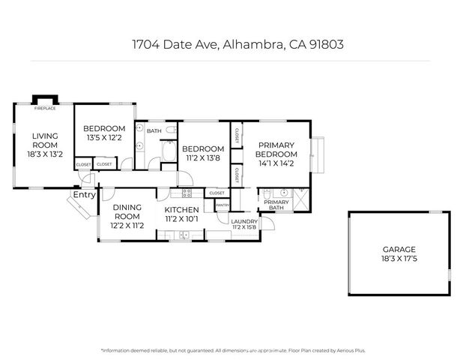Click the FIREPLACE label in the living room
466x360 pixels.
(44, 109)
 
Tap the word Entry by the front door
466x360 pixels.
(85, 195)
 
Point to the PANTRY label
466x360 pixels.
(223, 205)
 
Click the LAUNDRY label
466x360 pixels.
(244, 221)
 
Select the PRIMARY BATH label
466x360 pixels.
(276, 205)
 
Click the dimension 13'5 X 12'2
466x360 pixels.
(104, 138)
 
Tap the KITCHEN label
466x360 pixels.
(181, 210)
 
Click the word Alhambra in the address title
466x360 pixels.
(251, 44)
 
